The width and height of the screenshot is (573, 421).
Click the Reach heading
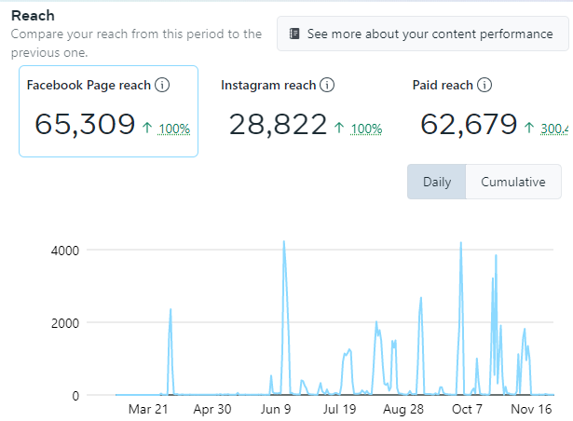(x=33, y=16)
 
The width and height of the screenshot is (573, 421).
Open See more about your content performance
(x=430, y=34)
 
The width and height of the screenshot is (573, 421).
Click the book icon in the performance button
(x=294, y=34)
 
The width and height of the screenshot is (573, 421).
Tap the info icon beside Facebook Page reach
(x=162, y=86)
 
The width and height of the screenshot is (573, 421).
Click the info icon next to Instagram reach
(x=327, y=86)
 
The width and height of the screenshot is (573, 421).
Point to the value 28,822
(x=278, y=124)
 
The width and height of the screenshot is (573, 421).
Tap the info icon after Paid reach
(x=484, y=86)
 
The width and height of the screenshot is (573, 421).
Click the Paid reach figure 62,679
(x=469, y=124)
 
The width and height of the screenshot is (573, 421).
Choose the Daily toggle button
(x=437, y=182)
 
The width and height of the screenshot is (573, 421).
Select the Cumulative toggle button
(x=513, y=182)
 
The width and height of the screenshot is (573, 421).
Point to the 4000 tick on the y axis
(x=71, y=250)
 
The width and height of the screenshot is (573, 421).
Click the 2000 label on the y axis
(x=71, y=322)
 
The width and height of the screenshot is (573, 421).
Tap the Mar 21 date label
(x=148, y=409)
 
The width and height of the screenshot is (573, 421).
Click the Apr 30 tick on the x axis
(x=211, y=409)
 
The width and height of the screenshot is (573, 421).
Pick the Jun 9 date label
(x=276, y=409)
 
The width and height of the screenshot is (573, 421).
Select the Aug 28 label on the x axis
(x=403, y=409)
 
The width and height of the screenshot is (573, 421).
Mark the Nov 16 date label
(x=531, y=409)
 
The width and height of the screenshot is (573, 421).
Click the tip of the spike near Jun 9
(x=283, y=241)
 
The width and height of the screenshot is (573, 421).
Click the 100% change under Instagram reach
(x=366, y=129)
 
